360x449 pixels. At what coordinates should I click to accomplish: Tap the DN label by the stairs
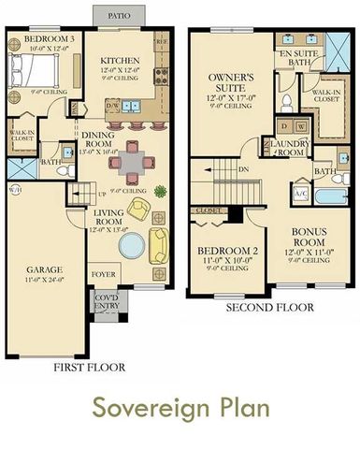pos(242,170)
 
